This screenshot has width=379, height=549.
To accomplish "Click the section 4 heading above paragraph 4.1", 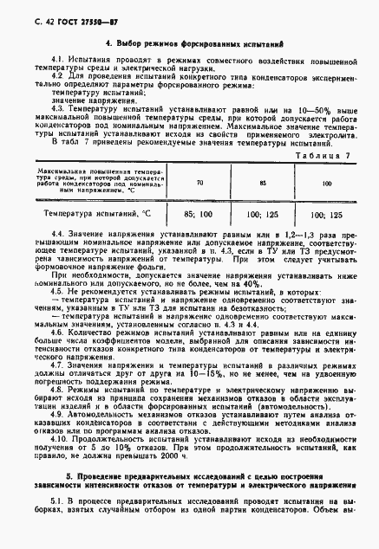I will pyautogui.click(x=189, y=42).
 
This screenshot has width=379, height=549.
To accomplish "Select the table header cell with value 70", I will pyautogui.click(x=200, y=184).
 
